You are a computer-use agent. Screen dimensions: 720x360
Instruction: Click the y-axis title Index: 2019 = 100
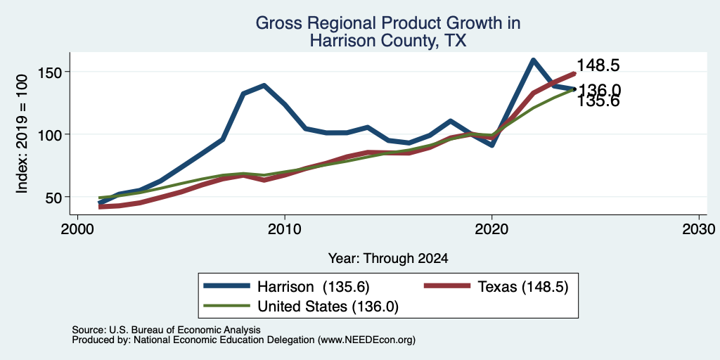pyautogui.click(x=22, y=134)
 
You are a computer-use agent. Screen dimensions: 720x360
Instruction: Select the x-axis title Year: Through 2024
pyautogui.click(x=388, y=259)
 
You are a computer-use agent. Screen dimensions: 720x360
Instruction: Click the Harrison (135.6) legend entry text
pyautogui.click(x=313, y=287)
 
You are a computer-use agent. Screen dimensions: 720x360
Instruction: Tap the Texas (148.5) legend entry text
pyautogui.click(x=523, y=287)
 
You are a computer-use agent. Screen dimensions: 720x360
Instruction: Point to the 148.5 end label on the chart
pyautogui.click(x=598, y=65)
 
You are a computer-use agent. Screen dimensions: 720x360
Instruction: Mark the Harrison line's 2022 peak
pyautogui.click(x=533, y=60)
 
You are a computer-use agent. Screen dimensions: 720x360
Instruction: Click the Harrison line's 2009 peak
pyautogui.click(x=264, y=85)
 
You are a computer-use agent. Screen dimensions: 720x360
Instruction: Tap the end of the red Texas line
pyautogui.click(x=574, y=73)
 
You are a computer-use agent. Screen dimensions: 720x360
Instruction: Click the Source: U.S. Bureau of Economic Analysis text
pyautogui.click(x=166, y=330)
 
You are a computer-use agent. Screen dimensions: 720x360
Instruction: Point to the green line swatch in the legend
pyautogui.click(x=227, y=306)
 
